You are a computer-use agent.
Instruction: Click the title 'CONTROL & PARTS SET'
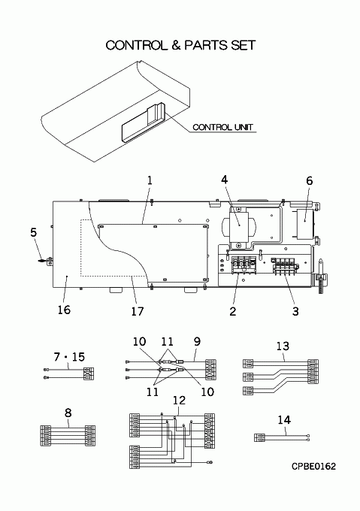[180, 45]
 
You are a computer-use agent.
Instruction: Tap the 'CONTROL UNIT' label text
[223, 127]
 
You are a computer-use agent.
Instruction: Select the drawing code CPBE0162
[313, 467]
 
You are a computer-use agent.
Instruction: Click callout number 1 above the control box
[150, 180]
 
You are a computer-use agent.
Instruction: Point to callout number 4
[225, 180]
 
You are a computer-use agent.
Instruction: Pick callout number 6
[309, 180]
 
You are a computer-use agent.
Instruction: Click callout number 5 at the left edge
[34, 232]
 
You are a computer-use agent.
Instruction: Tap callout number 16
[64, 310]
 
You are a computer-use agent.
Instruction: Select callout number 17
[138, 311]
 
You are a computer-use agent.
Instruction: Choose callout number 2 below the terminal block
[232, 311]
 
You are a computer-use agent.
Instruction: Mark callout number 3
[295, 311]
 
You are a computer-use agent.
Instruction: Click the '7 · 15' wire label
[69, 357]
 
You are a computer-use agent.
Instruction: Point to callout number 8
[68, 413]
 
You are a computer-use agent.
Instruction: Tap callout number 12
[179, 401]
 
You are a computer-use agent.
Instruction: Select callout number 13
[283, 346]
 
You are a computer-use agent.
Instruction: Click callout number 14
[284, 420]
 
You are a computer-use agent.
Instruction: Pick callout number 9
[197, 341]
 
